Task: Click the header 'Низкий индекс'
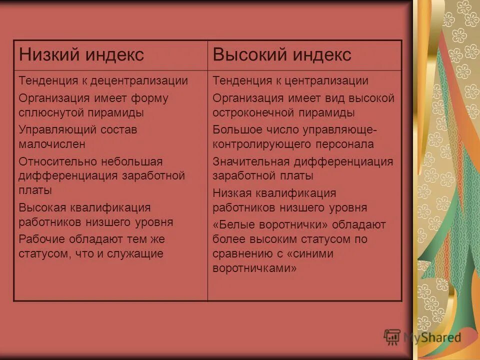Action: pyautogui.click(x=81, y=55)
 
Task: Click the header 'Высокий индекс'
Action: pyautogui.click(x=282, y=55)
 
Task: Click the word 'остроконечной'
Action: pyautogui.click(x=250, y=112)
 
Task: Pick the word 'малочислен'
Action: pyautogui.click(x=52, y=144)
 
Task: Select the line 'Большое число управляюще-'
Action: pyautogui.click(x=294, y=129)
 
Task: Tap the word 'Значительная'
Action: pyautogui.click(x=250, y=161)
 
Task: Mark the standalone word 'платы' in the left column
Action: pyautogui.click(x=35, y=190)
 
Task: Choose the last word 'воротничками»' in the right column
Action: pyautogui.click(x=255, y=268)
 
